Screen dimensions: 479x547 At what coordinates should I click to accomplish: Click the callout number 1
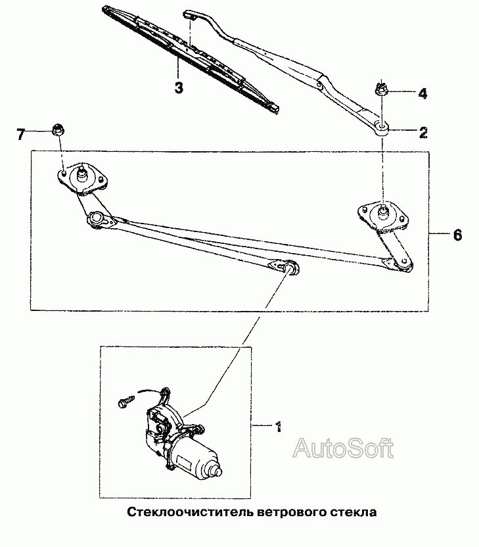click(x=278, y=427)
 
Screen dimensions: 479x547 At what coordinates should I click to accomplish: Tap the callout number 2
click(x=423, y=133)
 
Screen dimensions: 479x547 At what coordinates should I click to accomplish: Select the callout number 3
click(x=179, y=87)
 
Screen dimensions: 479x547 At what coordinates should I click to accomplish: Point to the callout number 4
click(x=422, y=93)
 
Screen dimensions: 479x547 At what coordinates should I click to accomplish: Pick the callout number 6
click(x=458, y=235)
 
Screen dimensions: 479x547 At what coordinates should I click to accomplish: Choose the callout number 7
click(x=21, y=134)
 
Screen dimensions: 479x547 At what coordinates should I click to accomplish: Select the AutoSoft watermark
click(x=343, y=448)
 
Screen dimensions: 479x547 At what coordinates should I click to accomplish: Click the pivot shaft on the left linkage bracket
click(x=82, y=174)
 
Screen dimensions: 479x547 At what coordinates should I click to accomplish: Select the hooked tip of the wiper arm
click(x=189, y=14)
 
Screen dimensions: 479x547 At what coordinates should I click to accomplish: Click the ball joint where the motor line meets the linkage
click(x=290, y=268)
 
